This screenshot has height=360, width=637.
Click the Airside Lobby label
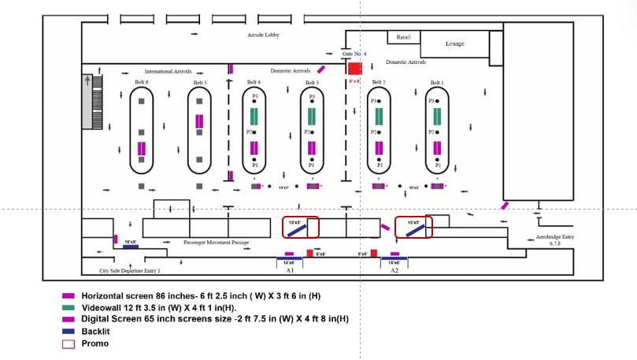click(x=263, y=35)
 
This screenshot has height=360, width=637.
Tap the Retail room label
click(x=404, y=36)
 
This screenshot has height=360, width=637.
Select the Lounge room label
click(x=455, y=43)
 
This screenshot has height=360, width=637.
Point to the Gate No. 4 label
click(x=354, y=54)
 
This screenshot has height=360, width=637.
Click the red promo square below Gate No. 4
click(x=354, y=69)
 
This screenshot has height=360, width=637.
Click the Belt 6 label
click(x=142, y=82)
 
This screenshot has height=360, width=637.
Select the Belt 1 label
click(x=437, y=82)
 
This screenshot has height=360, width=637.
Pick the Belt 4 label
click(x=254, y=82)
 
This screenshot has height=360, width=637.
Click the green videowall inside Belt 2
click(x=379, y=117)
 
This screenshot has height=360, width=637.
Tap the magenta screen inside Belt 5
click(x=199, y=121)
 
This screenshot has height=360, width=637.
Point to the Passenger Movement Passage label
click(x=216, y=243)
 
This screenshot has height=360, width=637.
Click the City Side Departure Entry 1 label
click(x=130, y=270)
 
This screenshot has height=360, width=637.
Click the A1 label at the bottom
click(x=290, y=270)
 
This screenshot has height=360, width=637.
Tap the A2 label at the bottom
click(x=394, y=270)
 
